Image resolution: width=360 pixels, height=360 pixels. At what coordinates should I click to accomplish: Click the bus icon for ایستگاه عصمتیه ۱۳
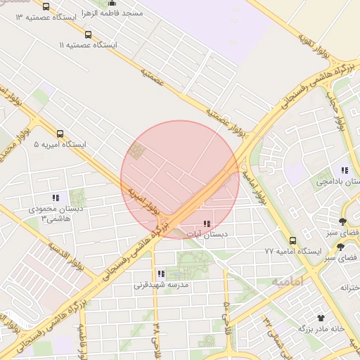[x=46, y=6]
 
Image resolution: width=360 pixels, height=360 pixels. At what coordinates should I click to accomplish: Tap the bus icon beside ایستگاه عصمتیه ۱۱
[x=87, y=34]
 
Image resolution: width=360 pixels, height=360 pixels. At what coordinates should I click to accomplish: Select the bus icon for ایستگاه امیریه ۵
[x=60, y=134]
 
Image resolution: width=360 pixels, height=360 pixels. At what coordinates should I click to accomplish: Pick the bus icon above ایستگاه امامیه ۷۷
[x=292, y=240]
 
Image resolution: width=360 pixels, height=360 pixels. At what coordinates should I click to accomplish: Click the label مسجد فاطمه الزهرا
[x=113, y=13]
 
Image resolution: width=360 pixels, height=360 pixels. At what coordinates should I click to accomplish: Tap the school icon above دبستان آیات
[x=207, y=224]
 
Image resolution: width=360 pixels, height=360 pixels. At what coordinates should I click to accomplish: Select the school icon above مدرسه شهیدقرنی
[x=161, y=274]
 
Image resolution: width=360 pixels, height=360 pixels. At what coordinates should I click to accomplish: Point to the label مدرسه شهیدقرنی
[x=161, y=286]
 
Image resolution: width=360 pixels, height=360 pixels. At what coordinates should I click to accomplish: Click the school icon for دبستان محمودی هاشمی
[x=56, y=198]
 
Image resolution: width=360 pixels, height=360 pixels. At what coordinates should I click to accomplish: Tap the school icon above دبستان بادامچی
[x=344, y=170]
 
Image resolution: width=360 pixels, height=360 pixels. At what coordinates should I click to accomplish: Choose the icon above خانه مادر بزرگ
[x=321, y=318]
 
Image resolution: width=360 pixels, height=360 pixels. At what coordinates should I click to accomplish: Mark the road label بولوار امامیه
[x=254, y=184]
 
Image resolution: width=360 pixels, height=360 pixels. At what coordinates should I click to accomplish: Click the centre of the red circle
[x=180, y=179]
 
